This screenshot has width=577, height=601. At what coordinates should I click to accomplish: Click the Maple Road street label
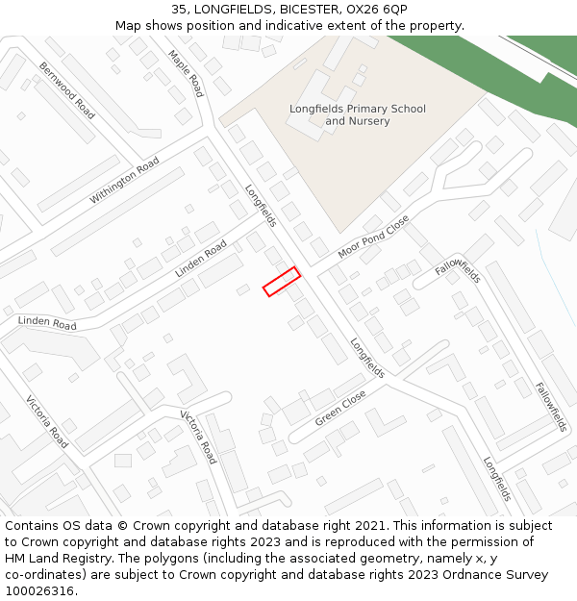coord(186,73)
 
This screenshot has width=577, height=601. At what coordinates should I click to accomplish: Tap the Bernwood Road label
coord(67,90)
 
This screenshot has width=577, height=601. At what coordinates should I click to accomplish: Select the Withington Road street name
coord(124,181)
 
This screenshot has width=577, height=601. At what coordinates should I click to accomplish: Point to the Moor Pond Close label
coord(373,237)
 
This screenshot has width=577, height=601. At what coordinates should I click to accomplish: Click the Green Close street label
coord(340,409)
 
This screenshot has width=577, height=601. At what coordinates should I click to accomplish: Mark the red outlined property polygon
coord(282,282)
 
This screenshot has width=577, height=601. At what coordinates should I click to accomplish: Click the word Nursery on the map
coord(370,121)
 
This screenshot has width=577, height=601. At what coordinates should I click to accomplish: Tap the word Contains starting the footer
coord(32,526)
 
